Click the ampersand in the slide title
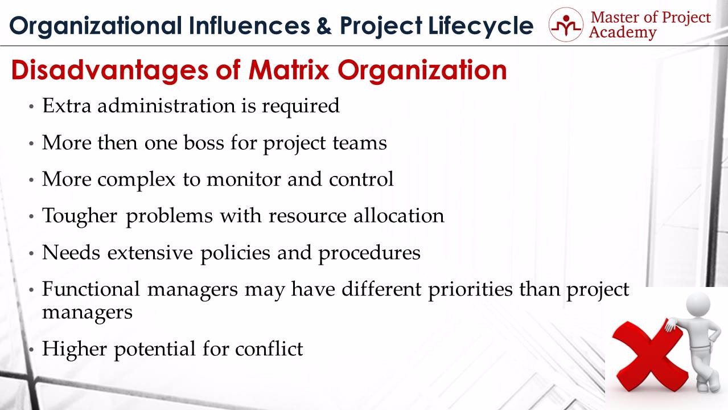point(324,26)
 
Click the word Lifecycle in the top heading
point(481,26)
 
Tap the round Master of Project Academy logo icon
point(566,24)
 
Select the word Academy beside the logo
point(622,33)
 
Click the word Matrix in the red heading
point(289,70)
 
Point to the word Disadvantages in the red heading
point(109,71)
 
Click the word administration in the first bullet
point(166,106)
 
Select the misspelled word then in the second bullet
point(117,142)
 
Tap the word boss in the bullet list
point(204,142)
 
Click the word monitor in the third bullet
point(244,179)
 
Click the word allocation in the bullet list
point(398,216)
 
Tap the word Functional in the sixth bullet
point(91,289)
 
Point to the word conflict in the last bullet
point(269,348)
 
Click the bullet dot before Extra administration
point(31,106)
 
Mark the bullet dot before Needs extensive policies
point(31,253)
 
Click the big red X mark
point(648,356)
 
